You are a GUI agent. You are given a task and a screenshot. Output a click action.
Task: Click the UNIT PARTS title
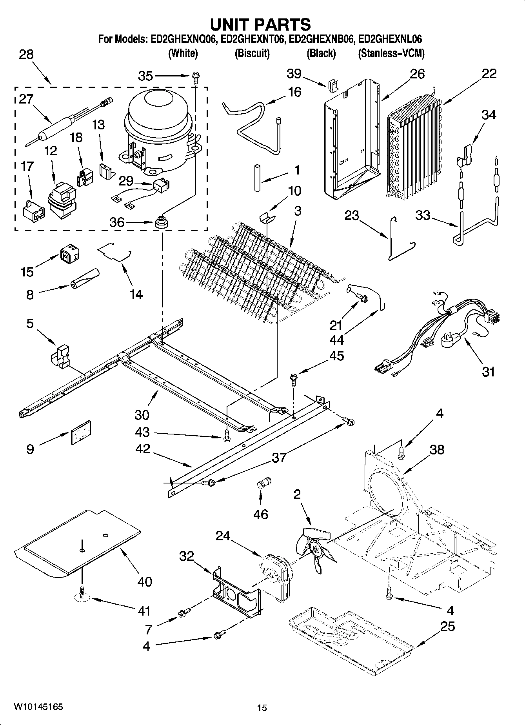pos(260,25)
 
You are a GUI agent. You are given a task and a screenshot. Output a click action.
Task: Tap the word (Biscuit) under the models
pos(252,53)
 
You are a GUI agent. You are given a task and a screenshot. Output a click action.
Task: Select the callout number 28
pos(26,55)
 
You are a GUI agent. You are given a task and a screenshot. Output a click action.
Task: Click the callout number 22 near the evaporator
pos(489,73)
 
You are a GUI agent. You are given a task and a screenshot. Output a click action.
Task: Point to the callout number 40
pos(144,581)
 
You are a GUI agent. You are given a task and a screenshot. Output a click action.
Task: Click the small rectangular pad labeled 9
pos(81,432)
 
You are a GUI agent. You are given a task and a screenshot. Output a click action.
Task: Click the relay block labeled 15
pos(69,254)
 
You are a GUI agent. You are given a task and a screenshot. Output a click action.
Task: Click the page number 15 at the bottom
pos(262,708)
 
